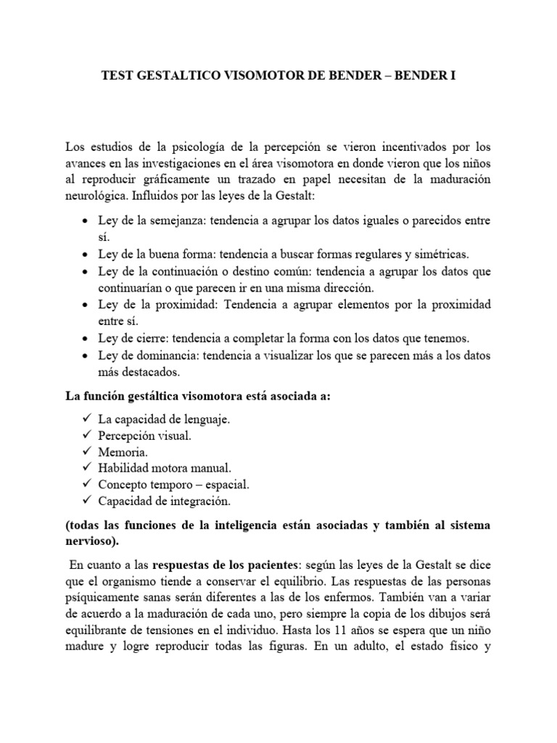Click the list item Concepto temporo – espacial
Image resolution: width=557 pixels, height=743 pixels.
pyautogui.click(x=177, y=484)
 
